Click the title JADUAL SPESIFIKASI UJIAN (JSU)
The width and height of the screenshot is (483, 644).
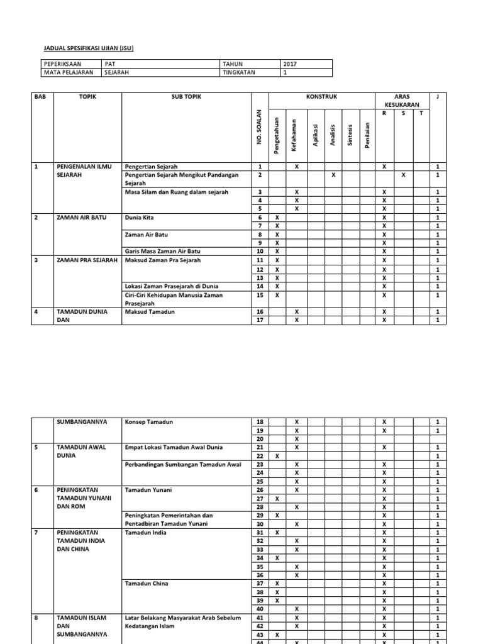click(x=88, y=48)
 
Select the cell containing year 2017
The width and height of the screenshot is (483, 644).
click(x=290, y=64)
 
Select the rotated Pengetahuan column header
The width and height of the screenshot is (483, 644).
click(x=277, y=132)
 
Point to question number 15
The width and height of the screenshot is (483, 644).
click(x=258, y=294)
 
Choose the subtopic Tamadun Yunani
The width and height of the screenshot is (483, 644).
click(x=148, y=489)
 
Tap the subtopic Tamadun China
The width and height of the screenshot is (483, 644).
click(x=147, y=583)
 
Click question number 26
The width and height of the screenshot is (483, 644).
click(x=258, y=489)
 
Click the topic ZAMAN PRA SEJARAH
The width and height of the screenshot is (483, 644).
click(x=87, y=260)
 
